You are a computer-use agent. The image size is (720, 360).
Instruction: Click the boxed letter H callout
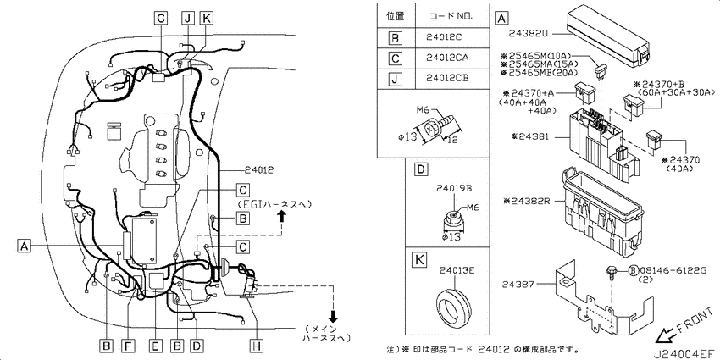tap(258, 346)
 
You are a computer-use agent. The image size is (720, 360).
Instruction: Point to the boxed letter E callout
tap(156, 346)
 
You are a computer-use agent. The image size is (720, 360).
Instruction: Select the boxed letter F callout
tap(129, 346)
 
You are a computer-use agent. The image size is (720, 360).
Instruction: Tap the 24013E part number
tap(457, 271)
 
